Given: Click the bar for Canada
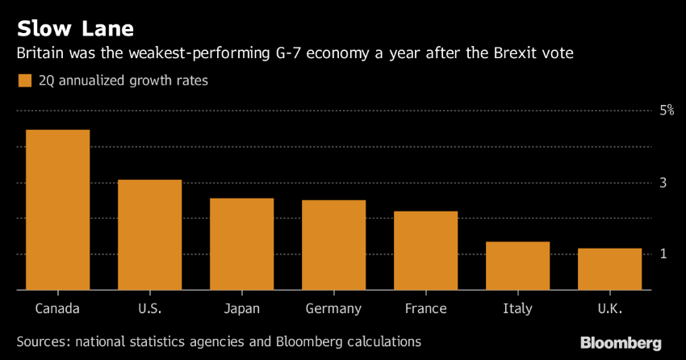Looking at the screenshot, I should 57,210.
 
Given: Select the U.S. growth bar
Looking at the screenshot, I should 149,235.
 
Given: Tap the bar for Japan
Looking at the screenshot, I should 241,244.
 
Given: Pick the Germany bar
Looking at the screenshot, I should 333,245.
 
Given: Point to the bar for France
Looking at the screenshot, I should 425,250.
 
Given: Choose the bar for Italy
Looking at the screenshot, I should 517,266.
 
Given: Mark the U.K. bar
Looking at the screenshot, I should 609,269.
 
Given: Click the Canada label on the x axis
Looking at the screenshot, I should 57,309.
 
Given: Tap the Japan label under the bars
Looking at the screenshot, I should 241,309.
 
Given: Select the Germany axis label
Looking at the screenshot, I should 333,309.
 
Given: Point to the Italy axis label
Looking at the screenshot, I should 517,309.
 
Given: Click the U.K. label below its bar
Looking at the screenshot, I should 609,309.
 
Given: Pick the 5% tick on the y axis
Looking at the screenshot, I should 666,111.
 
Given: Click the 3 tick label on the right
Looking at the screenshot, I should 663,183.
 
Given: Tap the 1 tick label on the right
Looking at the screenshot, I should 663,254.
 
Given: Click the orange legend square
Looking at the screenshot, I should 23,80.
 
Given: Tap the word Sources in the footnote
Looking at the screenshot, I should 41,341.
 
